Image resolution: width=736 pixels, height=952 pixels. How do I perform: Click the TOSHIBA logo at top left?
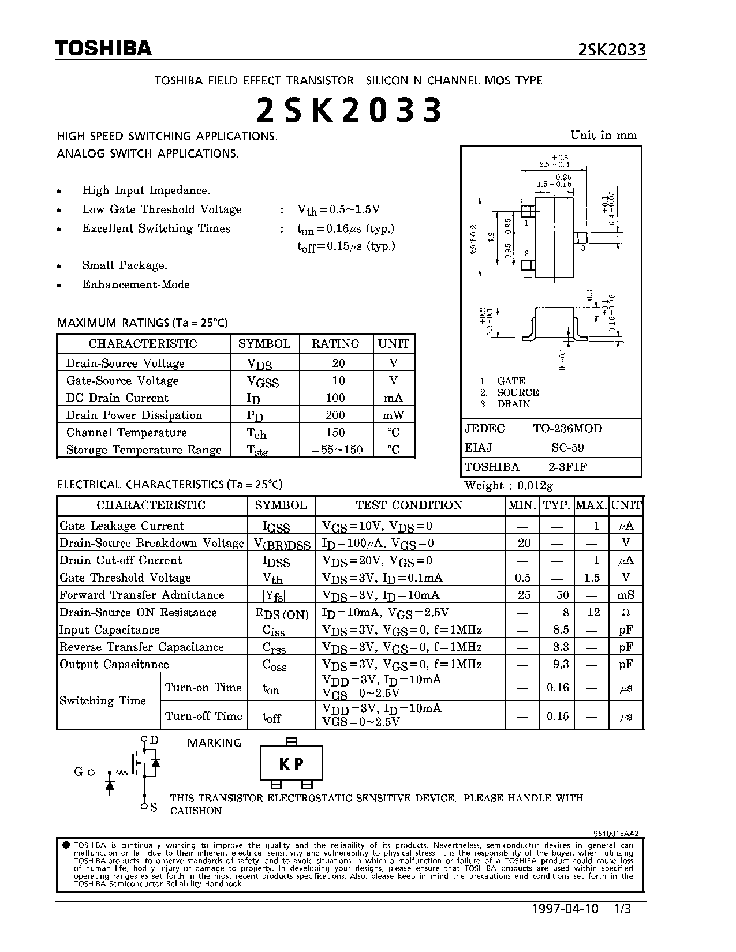coord(103,48)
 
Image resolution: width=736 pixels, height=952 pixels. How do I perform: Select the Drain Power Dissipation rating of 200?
coord(335,415)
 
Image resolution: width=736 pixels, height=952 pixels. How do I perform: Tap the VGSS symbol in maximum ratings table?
coord(263,381)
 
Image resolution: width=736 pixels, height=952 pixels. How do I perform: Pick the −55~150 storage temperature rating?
coord(337,450)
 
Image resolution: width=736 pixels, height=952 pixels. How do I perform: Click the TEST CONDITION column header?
coord(409,505)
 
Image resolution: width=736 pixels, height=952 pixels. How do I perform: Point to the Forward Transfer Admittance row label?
coord(142,595)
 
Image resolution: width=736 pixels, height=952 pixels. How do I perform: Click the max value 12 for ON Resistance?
coord(594,613)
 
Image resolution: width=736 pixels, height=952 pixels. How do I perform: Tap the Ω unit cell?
coord(626,613)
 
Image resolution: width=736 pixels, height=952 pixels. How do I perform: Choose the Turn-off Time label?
coord(204,717)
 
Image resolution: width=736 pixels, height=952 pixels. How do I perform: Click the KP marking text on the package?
coord(291,764)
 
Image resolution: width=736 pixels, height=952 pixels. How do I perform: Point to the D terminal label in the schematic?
coord(154,740)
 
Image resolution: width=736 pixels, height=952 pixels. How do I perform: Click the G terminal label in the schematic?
coord(79,772)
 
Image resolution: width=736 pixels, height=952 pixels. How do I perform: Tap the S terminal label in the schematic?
coord(154,808)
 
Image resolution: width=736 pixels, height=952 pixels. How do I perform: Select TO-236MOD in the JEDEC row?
coord(567,429)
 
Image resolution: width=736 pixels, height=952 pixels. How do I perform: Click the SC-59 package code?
coord(568,448)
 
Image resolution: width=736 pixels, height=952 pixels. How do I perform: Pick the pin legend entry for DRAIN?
coord(513,404)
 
